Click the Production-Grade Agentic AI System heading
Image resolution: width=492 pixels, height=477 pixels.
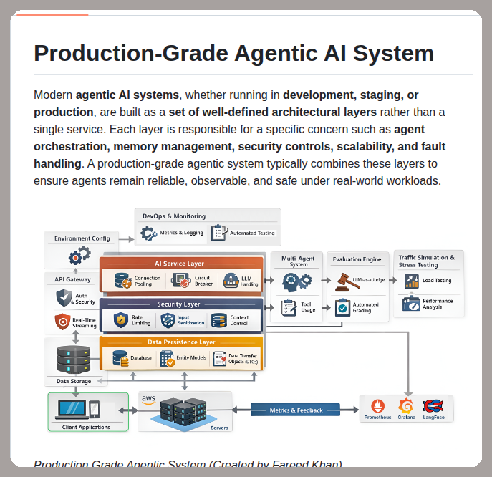(x=233, y=54)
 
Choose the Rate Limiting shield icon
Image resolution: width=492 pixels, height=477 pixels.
(x=120, y=319)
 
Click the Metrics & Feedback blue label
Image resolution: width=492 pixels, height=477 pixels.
(x=296, y=410)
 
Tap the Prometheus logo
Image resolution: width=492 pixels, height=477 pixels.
(x=377, y=405)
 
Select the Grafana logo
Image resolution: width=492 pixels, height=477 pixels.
(x=406, y=405)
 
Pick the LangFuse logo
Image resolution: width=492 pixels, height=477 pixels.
(x=433, y=405)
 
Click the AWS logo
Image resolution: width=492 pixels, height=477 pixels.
(x=148, y=399)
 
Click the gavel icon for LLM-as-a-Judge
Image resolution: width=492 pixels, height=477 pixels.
(x=344, y=281)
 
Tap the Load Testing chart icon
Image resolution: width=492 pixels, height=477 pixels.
(x=411, y=281)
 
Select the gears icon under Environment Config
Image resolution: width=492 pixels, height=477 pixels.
(x=79, y=255)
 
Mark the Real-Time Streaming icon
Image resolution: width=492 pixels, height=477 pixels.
(x=62, y=322)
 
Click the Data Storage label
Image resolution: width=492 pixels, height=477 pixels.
(x=74, y=382)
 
